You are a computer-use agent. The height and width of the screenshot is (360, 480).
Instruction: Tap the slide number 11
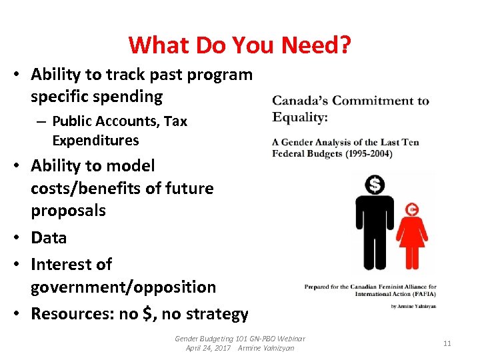(447, 343)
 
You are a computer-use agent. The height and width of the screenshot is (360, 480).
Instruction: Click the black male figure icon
(375, 227)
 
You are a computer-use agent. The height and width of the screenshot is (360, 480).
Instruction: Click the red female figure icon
(411, 237)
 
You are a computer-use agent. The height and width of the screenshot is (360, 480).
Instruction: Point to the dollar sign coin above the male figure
(375, 185)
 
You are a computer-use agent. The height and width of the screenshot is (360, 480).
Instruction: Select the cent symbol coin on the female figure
(412, 209)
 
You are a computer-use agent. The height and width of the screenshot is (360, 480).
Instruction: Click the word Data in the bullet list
(49, 237)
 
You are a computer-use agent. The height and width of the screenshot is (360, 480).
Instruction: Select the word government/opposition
(123, 287)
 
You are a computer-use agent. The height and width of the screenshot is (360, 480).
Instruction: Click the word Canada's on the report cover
(301, 101)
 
